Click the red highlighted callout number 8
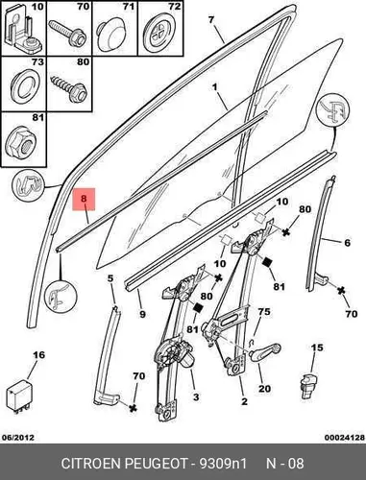(84, 199)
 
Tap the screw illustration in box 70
(67, 33)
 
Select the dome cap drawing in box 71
(111, 36)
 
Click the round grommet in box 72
(159, 35)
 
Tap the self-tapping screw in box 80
(68, 86)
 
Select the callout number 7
(210, 20)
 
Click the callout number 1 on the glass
(214, 86)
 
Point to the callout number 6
(347, 243)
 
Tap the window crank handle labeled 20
(264, 352)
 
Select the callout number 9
(142, 314)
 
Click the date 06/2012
(18, 438)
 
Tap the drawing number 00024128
(345, 438)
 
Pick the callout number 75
(264, 312)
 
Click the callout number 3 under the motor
(196, 397)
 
